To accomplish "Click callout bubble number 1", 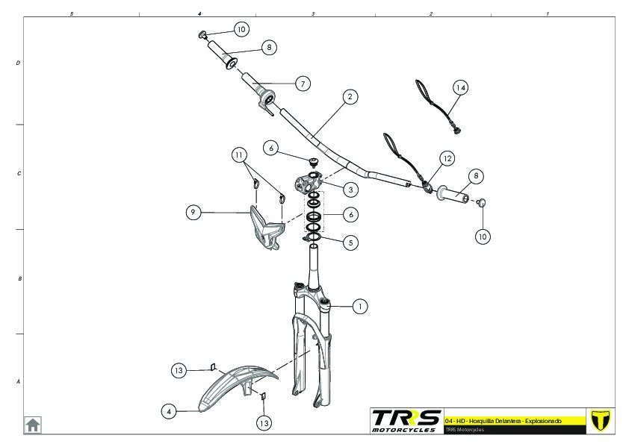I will [360, 306].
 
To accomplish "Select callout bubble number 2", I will [348, 96].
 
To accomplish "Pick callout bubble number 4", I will [170, 410].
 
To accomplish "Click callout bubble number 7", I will [303, 84].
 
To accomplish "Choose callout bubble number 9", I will [193, 213].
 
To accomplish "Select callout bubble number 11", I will [238, 155].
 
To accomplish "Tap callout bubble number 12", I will [447, 158].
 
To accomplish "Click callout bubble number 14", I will [461, 88].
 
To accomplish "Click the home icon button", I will [33, 425].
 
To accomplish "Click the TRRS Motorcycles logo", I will [406, 419].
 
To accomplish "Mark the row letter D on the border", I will [19, 63].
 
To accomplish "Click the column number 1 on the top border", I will [548, 13].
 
